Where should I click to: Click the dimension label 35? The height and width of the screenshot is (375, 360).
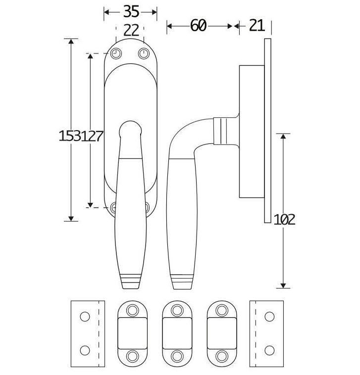(130, 11)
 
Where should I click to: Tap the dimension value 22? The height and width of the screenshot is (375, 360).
(131, 31)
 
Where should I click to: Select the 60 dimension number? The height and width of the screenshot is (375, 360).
(198, 26)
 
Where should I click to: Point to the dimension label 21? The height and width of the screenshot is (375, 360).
(257, 26)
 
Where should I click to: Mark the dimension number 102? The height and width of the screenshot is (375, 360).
(284, 219)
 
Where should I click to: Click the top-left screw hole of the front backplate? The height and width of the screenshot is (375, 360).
(117, 53)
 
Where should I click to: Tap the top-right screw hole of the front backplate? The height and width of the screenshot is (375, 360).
(144, 53)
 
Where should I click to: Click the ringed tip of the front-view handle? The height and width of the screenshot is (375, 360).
(131, 281)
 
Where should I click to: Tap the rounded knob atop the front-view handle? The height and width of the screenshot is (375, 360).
(131, 128)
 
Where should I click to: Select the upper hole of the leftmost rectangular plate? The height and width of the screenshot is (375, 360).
(85, 316)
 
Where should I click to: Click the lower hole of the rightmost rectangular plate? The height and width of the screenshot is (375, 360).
(269, 350)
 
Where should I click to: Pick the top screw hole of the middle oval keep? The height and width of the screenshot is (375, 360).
(177, 310)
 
